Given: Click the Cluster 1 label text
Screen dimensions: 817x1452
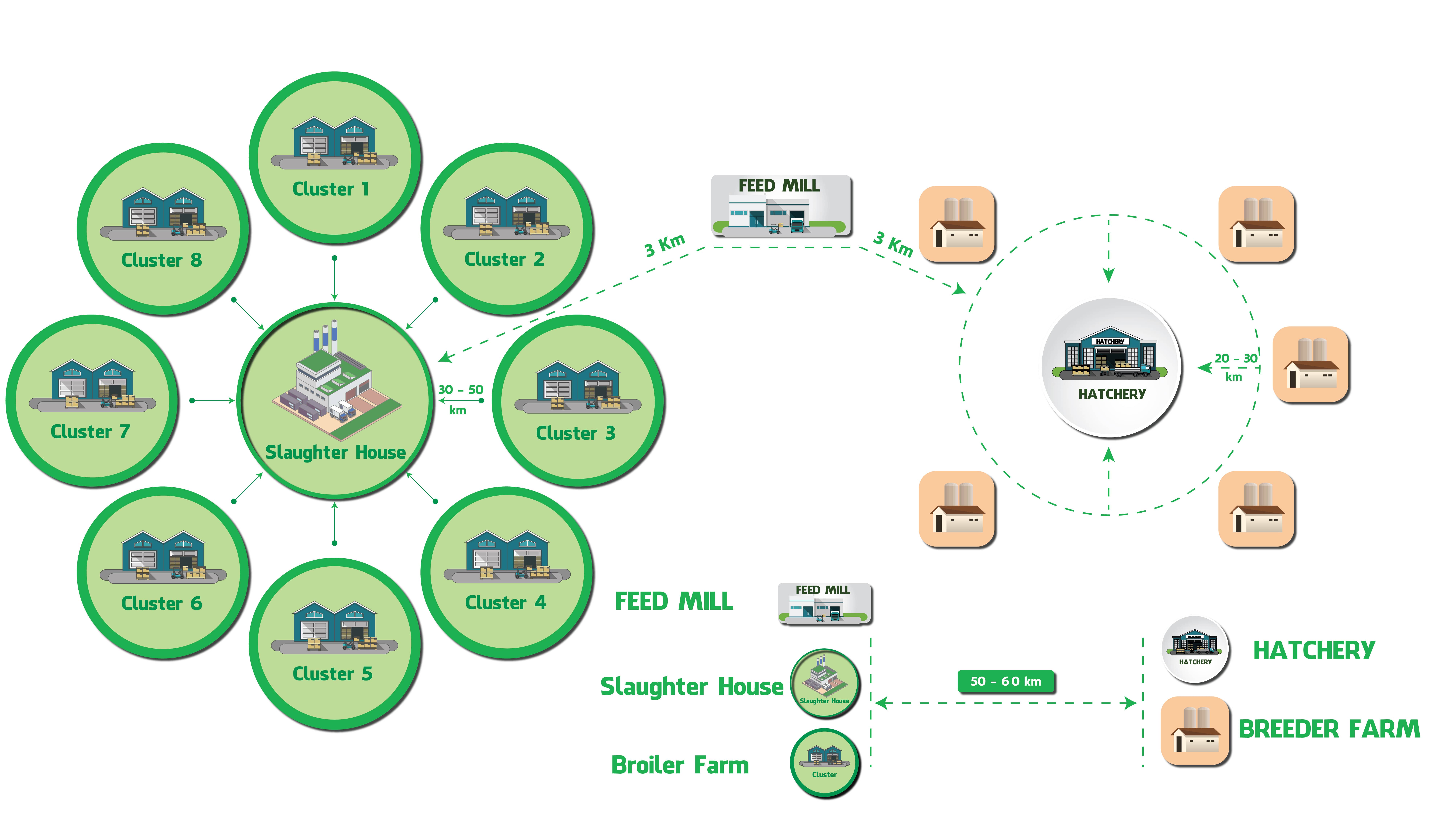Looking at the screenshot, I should click(331, 189).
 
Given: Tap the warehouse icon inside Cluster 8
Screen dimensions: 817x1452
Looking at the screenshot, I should click(164, 213).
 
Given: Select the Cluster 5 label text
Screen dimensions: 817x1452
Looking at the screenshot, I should click(333, 674).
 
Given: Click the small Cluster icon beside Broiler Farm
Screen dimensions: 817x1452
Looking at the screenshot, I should click(825, 762).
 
